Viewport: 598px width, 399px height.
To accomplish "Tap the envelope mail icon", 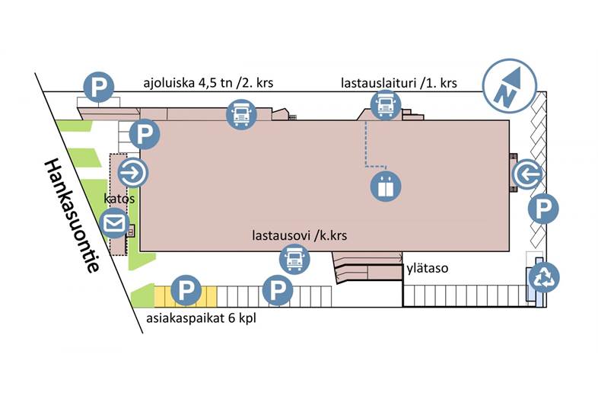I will (x=116, y=224).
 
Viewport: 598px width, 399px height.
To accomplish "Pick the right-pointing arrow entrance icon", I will (x=133, y=174).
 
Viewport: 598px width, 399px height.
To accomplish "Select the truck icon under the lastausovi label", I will (x=294, y=260).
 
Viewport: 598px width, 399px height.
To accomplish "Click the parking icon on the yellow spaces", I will (x=186, y=290).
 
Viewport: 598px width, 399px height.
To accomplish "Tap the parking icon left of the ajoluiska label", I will (x=98, y=87).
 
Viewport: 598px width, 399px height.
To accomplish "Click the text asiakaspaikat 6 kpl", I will (x=201, y=318).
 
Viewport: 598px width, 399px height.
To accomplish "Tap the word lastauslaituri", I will (x=375, y=82).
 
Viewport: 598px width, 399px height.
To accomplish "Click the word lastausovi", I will (x=279, y=235).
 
